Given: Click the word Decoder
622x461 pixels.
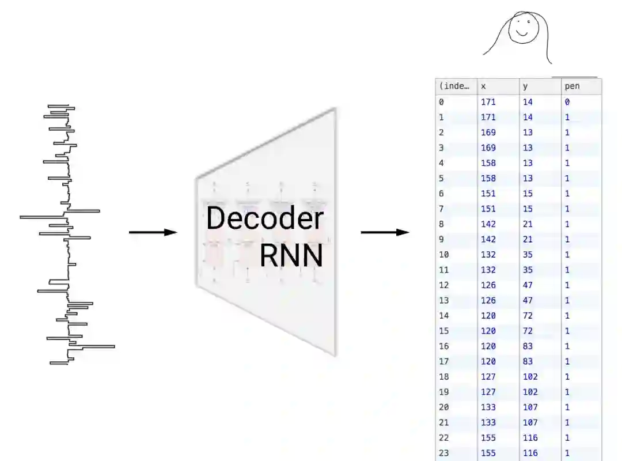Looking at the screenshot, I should pyautogui.click(x=264, y=219).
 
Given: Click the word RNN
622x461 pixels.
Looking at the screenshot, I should pyautogui.click(x=291, y=255).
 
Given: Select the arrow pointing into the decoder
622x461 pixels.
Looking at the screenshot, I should pyautogui.click(x=153, y=232).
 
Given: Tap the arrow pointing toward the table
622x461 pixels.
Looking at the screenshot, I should pyautogui.click(x=385, y=232).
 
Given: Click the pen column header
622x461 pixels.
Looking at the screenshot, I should pyautogui.click(x=572, y=86).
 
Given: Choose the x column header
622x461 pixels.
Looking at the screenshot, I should pyautogui.click(x=484, y=86).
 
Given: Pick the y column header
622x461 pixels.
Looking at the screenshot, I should pyautogui.click(x=525, y=86).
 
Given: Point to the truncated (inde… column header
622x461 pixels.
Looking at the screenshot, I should pyautogui.click(x=454, y=86).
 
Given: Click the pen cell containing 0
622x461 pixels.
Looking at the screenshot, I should pyautogui.click(x=567, y=102).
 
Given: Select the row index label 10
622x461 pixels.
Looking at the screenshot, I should pyautogui.click(x=443, y=255).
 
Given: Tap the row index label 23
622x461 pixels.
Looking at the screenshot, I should pyautogui.click(x=443, y=453).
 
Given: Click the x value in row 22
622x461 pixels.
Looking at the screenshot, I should pyautogui.click(x=488, y=438).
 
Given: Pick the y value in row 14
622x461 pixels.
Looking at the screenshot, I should pyautogui.click(x=528, y=316).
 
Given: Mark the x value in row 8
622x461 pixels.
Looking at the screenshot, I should pyautogui.click(x=488, y=224).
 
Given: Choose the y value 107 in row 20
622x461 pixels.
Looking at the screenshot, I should pyautogui.click(x=530, y=407).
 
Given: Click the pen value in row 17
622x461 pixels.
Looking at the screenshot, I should pyautogui.click(x=567, y=361).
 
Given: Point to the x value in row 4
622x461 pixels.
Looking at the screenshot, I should pyautogui.click(x=488, y=163).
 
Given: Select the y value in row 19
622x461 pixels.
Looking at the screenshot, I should pyautogui.click(x=530, y=392).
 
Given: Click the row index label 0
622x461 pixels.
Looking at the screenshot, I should pyautogui.click(x=441, y=102).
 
